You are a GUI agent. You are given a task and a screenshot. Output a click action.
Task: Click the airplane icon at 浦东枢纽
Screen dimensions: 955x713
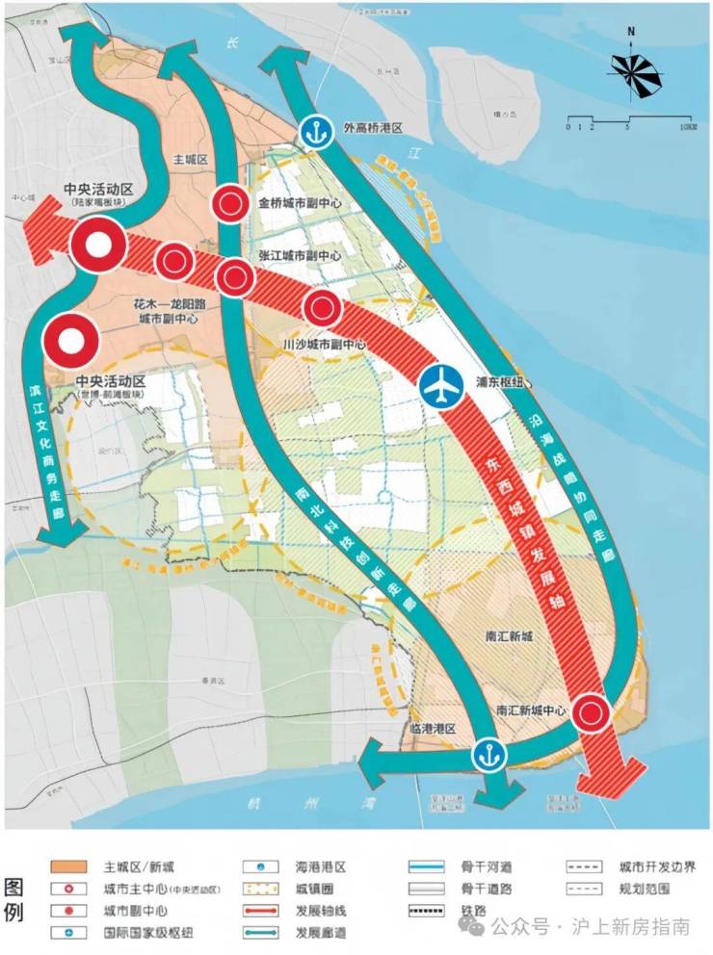(442, 387)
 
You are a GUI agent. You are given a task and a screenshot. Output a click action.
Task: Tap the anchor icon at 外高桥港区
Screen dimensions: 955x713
(313, 131)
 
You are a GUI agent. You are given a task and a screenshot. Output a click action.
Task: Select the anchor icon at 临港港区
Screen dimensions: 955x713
(488, 754)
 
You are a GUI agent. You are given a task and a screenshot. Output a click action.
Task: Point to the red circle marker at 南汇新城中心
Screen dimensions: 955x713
(592, 713)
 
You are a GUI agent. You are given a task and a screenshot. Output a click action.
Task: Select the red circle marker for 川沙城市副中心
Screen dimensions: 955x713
(322, 308)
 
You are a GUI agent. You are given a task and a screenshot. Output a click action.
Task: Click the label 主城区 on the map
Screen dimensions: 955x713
(189, 159)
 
